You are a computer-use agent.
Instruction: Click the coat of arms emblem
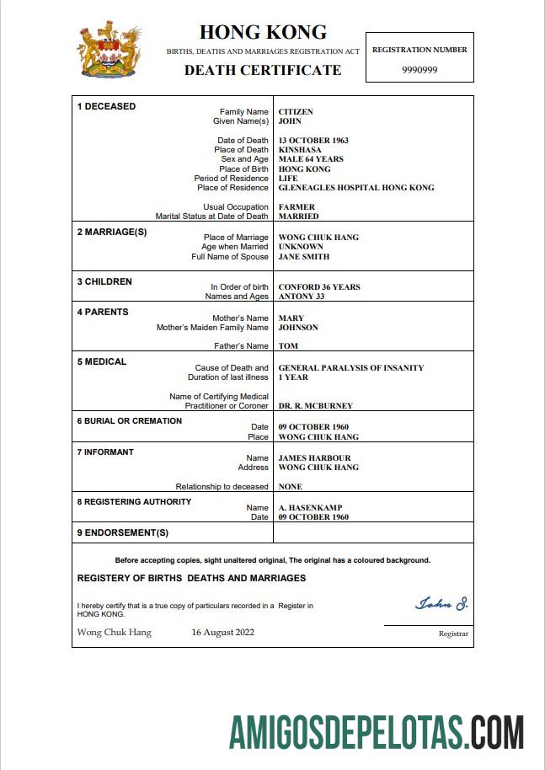[110, 51]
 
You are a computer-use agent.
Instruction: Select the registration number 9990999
[419, 70]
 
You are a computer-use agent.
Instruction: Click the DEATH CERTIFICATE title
[263, 70]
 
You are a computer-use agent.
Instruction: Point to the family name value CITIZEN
[296, 111]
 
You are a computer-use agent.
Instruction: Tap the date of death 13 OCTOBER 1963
[313, 141]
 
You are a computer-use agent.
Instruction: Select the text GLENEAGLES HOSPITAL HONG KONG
[356, 188]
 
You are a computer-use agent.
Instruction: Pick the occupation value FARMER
[297, 207]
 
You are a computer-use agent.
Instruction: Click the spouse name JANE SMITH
[304, 257]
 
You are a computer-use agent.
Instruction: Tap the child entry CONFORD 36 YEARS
[319, 287]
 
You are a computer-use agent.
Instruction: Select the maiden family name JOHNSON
[298, 328]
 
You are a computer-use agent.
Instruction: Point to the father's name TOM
[288, 346]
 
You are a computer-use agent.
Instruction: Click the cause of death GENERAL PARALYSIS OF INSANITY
[351, 368]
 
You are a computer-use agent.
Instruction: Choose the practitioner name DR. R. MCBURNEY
[316, 406]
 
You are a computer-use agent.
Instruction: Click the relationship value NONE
[290, 487]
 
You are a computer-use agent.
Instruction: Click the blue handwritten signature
[441, 604]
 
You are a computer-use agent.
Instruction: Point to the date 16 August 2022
[222, 632]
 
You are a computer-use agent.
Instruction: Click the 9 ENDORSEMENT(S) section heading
[123, 532]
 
